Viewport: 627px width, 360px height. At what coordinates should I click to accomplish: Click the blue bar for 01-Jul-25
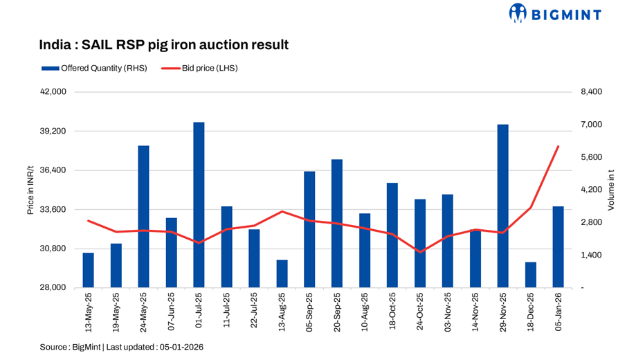[199, 205]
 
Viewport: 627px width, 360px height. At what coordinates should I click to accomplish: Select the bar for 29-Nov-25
[503, 206]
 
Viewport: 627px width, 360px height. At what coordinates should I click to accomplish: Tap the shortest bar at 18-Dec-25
[531, 275]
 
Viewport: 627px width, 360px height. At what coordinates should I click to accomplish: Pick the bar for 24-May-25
[143, 217]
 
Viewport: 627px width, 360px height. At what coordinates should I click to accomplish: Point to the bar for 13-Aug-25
[282, 274]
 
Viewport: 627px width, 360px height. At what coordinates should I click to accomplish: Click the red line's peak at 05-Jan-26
[558, 146]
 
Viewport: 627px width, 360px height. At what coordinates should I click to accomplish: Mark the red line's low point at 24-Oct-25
[420, 252]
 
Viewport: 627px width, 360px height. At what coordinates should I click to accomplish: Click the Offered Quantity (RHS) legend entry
[93, 69]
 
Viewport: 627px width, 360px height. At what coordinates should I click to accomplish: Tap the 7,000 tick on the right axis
[591, 125]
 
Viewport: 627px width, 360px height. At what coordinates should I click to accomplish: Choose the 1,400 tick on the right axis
[591, 255]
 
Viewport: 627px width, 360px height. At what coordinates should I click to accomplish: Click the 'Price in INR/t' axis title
[31, 190]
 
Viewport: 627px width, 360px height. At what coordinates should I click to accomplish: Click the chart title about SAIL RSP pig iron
[163, 45]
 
